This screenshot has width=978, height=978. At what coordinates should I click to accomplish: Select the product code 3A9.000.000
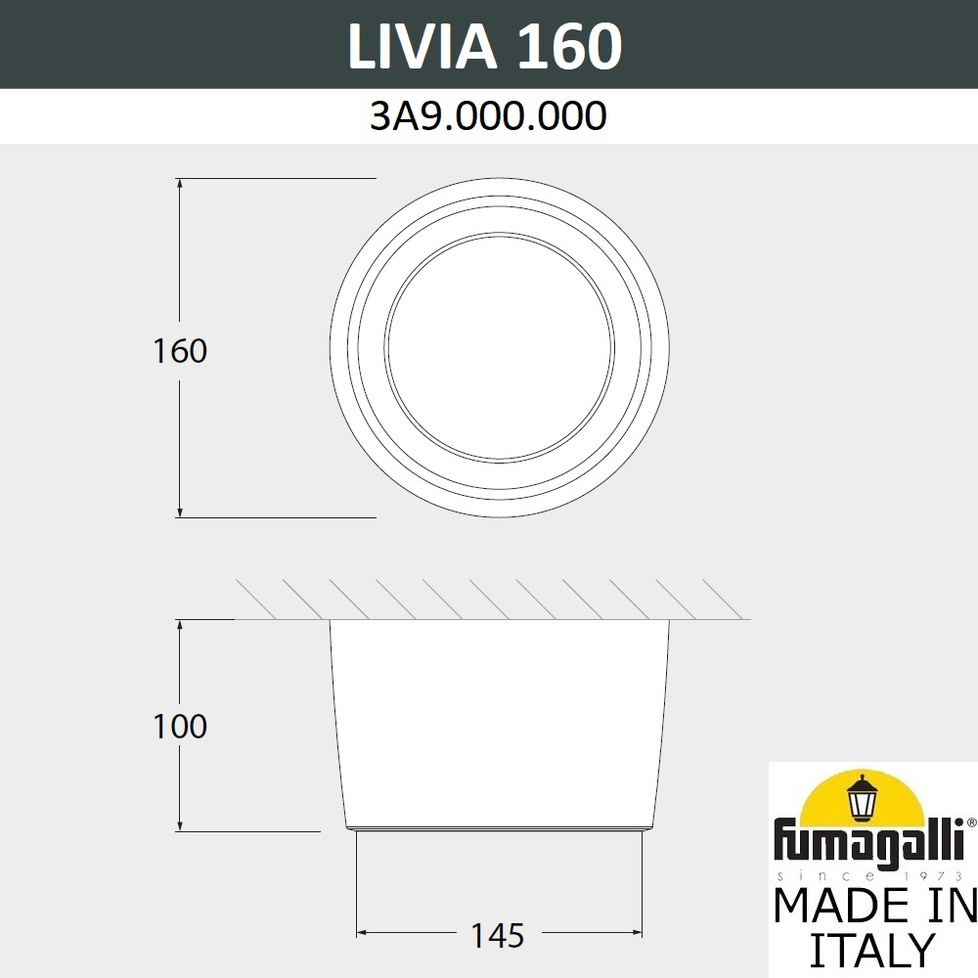point(488,116)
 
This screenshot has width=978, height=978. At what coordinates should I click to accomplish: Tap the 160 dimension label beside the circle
point(180,350)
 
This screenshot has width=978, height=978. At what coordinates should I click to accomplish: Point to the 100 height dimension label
point(180,727)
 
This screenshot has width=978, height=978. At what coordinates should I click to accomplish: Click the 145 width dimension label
point(498,936)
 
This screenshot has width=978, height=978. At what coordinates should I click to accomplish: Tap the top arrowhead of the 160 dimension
point(180,185)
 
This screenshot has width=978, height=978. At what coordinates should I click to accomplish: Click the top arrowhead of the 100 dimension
point(180,625)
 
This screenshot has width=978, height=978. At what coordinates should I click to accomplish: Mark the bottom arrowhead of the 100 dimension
point(180,825)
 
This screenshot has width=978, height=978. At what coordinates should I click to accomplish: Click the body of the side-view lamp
point(499,724)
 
